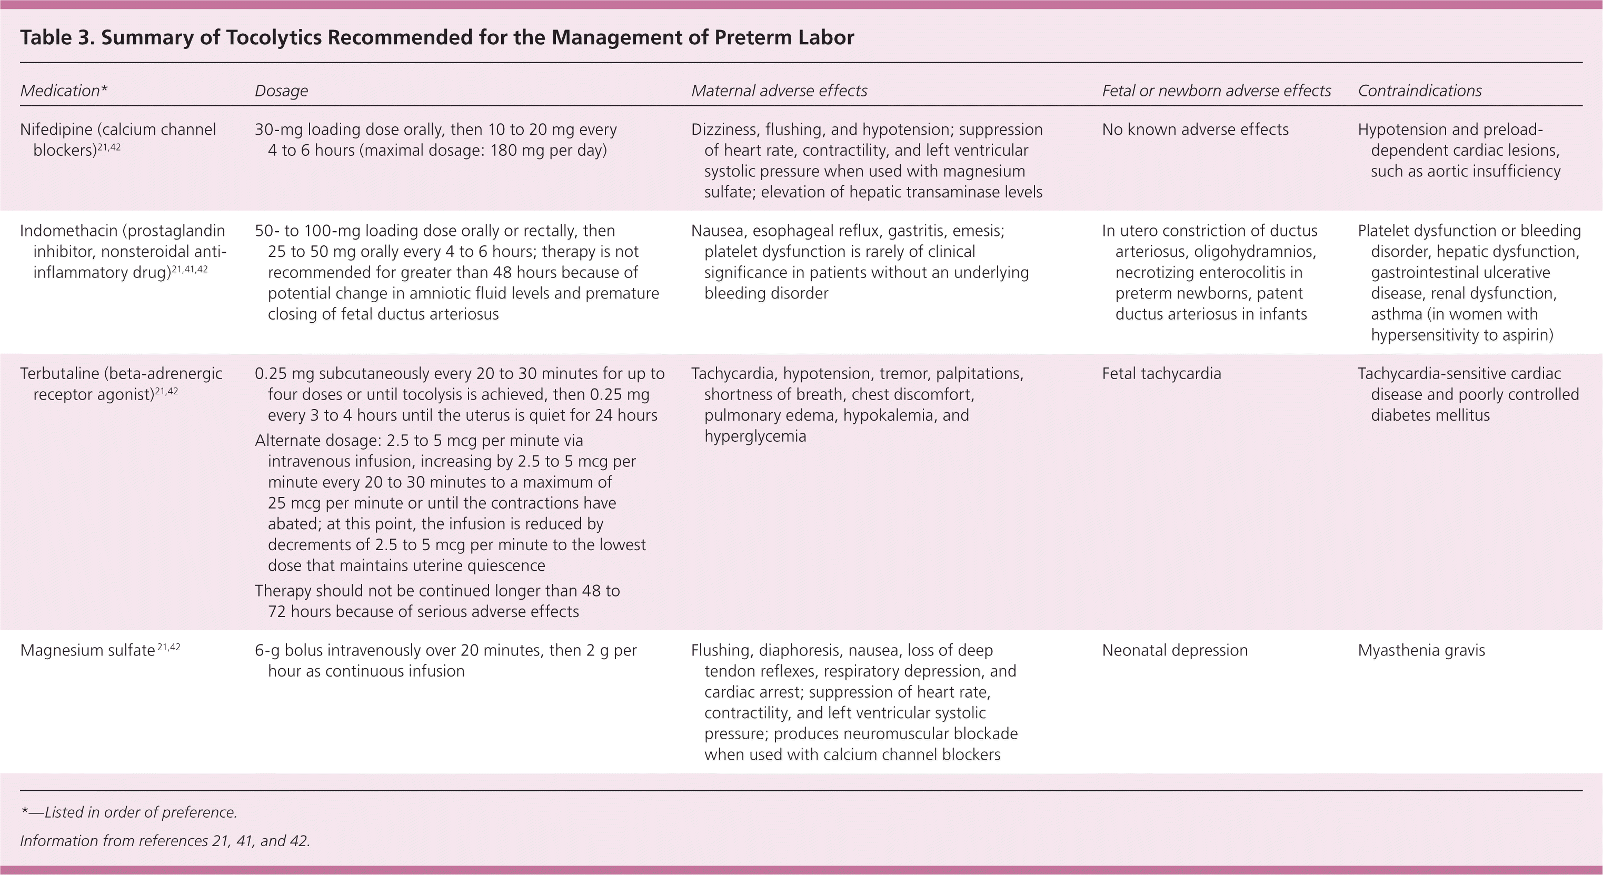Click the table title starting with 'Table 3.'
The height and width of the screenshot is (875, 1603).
(x=436, y=37)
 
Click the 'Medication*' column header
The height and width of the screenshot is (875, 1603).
(x=64, y=91)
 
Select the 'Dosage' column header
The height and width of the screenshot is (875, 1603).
(x=281, y=91)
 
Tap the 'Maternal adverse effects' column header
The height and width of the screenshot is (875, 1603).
(x=779, y=91)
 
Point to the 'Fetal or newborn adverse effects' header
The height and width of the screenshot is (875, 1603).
(x=1216, y=91)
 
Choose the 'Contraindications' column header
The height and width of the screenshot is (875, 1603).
(x=1419, y=91)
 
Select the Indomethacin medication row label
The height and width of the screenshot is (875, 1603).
(x=123, y=252)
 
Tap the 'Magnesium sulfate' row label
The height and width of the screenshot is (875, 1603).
(x=87, y=650)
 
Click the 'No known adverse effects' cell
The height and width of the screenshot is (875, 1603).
(x=1195, y=130)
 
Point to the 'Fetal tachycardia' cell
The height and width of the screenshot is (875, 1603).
(x=1161, y=373)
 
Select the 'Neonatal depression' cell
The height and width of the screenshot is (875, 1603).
(x=1174, y=650)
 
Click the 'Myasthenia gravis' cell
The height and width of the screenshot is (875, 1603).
(x=1421, y=650)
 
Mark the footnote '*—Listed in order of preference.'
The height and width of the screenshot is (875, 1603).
(x=129, y=812)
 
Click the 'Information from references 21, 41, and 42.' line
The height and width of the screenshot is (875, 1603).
(x=165, y=841)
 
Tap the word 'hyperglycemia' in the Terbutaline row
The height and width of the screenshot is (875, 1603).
(x=755, y=436)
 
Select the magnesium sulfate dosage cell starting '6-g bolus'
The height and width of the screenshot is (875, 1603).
(x=445, y=660)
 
